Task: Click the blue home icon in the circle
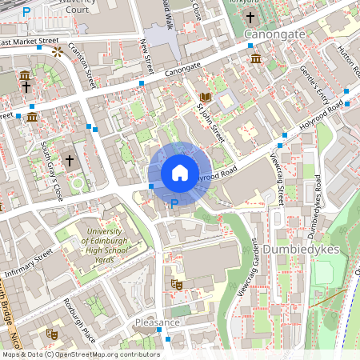pos(179,173)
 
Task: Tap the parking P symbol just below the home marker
pos(174,204)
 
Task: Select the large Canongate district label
pos(275,35)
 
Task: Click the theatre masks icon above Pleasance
pos(177,284)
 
